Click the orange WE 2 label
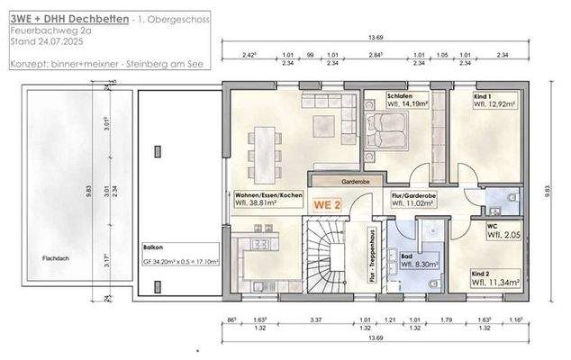tap(326, 204)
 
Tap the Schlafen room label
tap(400, 96)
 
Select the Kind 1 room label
tap(485, 96)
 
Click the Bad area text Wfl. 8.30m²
tap(419, 265)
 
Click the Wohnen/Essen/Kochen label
tap(268, 195)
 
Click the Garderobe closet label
tap(332, 180)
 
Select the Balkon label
tap(152, 245)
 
